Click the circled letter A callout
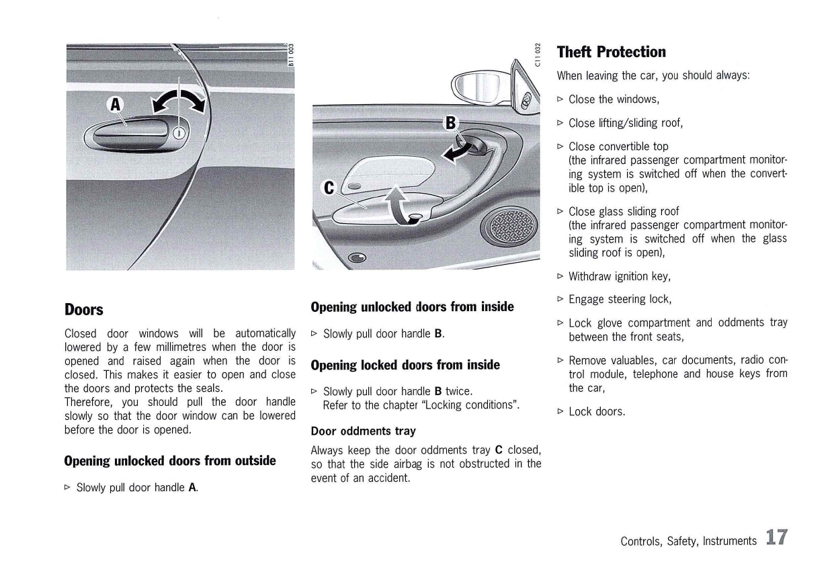pos(116,104)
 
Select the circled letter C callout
pos(329,188)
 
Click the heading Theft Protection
pos(611,52)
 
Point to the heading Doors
pos(84,310)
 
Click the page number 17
pos(776,538)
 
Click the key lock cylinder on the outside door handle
pos(179,132)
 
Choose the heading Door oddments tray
pos(363,431)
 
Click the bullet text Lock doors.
pos(597,411)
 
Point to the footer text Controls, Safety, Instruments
pos(688,540)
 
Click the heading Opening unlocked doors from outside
pos(170,461)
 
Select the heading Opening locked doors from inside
pos(405,365)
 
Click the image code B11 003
pos(291,55)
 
